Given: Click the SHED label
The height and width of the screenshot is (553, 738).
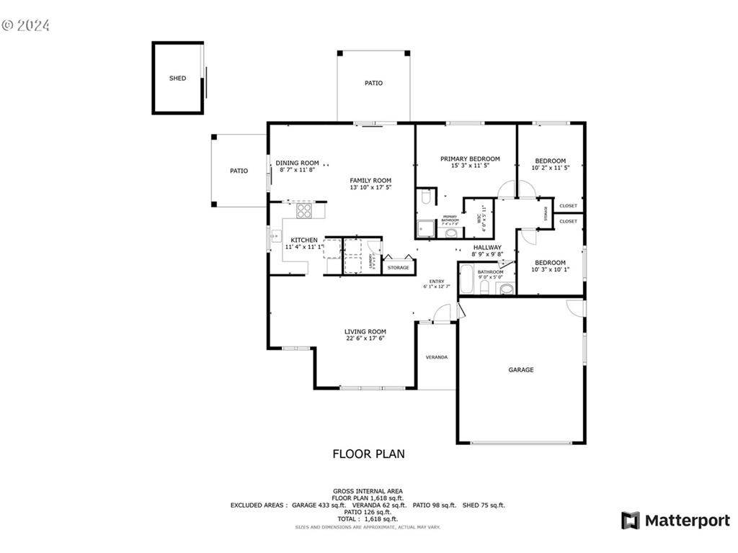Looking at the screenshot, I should pos(177,78).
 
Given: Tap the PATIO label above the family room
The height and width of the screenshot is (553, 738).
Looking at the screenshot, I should pos(373,83).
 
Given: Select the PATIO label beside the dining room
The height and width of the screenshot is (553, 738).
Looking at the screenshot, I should pos(239,171).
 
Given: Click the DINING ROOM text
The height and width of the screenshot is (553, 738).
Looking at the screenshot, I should pos(297,163).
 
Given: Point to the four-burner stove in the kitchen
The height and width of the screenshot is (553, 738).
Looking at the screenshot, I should pos(305,211).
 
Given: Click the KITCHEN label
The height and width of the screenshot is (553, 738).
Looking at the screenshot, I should pos(304,240).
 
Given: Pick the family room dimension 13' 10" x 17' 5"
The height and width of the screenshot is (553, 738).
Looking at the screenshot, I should pos(370,187).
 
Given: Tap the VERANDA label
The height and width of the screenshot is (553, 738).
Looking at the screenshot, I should pos(436,356).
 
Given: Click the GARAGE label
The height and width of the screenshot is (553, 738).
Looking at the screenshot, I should pos(521,369).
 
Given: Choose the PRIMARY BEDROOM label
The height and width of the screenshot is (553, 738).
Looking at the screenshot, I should pos(470,159).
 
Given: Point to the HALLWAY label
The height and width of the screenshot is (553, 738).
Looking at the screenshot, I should pos(487,247).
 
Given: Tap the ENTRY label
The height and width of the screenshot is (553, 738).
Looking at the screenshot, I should pos(437,281).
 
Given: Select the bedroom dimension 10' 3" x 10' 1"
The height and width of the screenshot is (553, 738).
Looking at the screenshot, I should pos(550,270).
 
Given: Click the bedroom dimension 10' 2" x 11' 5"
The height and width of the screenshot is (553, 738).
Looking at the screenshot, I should pos(550,168).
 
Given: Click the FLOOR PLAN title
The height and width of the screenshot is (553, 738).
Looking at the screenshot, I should pos(368,454).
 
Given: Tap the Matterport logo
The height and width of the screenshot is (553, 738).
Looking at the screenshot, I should pos(675,521).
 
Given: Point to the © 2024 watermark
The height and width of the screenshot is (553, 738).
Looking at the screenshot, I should pos(26,25).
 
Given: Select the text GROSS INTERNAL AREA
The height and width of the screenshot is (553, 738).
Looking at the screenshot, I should pos(368,490).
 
